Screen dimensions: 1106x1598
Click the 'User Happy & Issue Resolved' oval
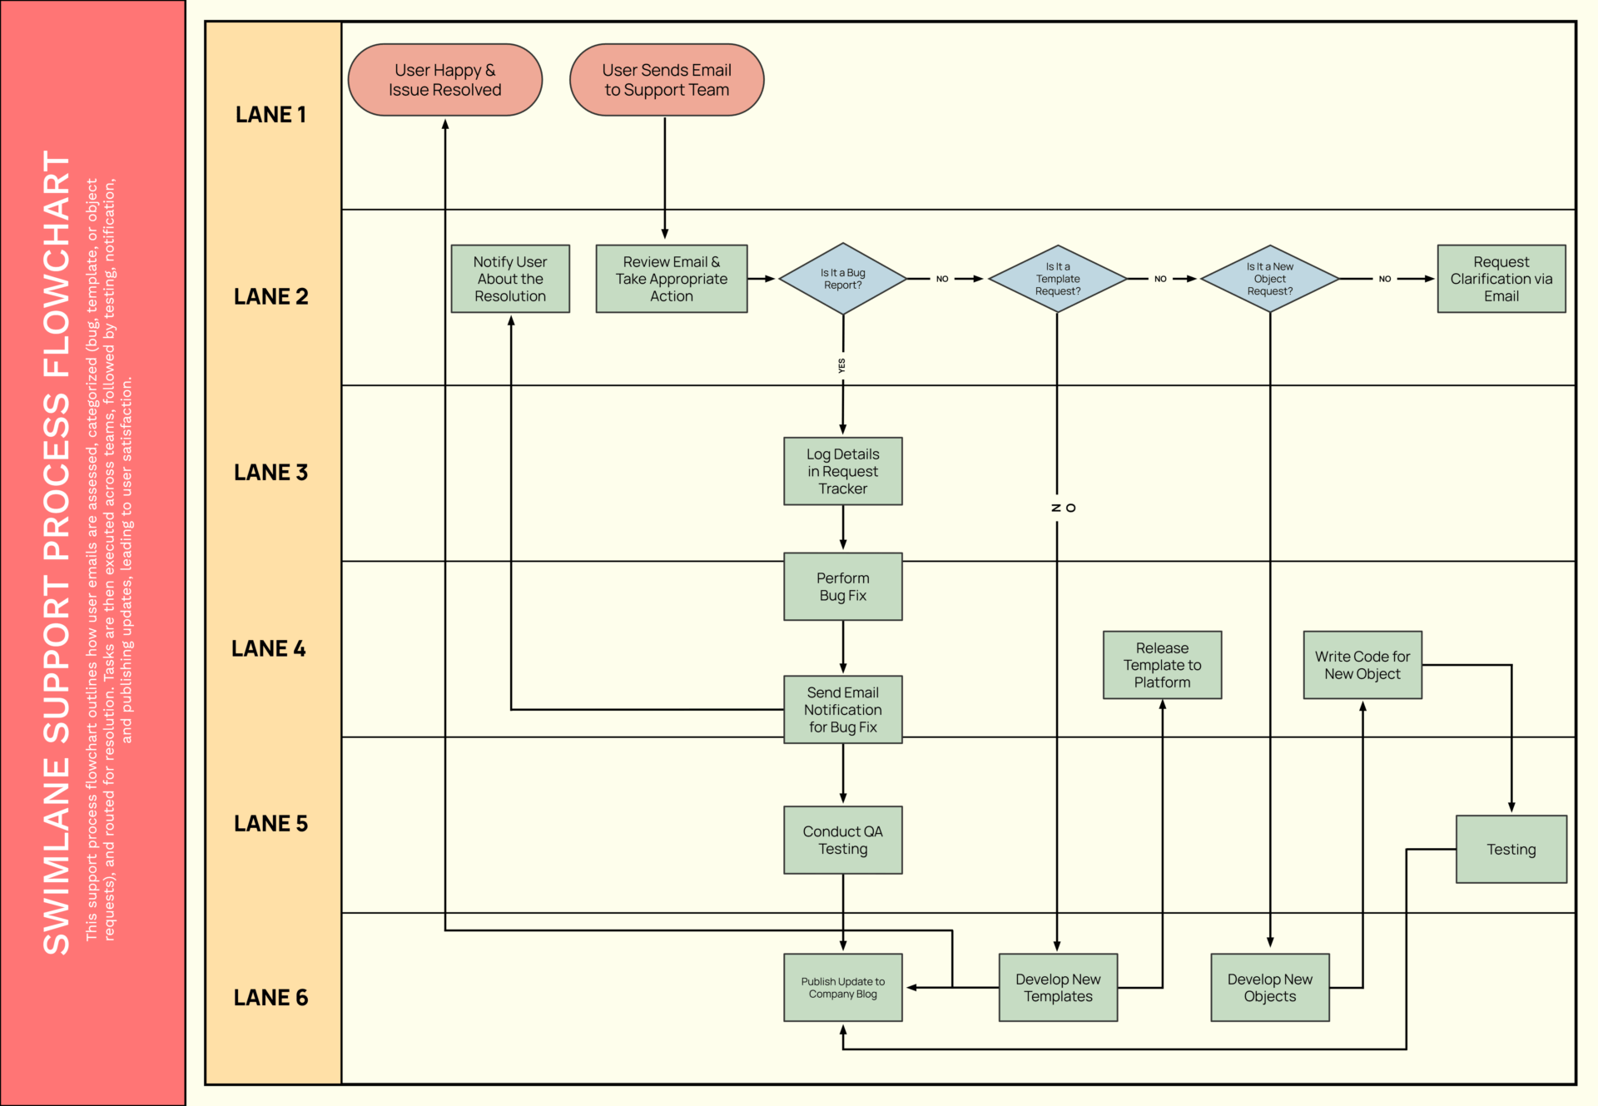coord(444,80)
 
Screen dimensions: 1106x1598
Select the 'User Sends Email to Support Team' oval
coord(667,80)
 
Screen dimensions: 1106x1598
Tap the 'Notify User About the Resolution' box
coord(510,279)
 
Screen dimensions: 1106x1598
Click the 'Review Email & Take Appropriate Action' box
coord(672,279)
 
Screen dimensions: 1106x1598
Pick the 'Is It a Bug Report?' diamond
coord(842,279)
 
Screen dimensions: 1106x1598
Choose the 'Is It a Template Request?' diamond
coord(1057,279)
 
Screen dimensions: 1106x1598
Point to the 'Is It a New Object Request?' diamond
coord(1269,279)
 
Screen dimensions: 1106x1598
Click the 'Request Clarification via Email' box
coord(1501,279)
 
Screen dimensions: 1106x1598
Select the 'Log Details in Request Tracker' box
coord(842,471)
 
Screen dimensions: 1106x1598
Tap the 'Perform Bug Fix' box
coord(842,587)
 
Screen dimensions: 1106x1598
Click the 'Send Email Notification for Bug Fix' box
coord(842,709)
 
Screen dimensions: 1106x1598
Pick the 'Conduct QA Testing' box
coord(842,840)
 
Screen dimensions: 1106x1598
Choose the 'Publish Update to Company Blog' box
coord(842,987)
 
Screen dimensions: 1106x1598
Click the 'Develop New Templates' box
coord(1057,987)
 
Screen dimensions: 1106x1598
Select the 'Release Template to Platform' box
coord(1162,665)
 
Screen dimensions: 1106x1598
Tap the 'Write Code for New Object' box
coord(1362,665)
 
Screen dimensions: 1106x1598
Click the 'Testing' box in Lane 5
coord(1511,849)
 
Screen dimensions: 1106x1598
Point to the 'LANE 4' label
coord(269,648)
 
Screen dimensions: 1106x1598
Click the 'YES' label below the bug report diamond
coord(841,365)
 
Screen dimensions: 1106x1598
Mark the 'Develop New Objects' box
coord(1269,987)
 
